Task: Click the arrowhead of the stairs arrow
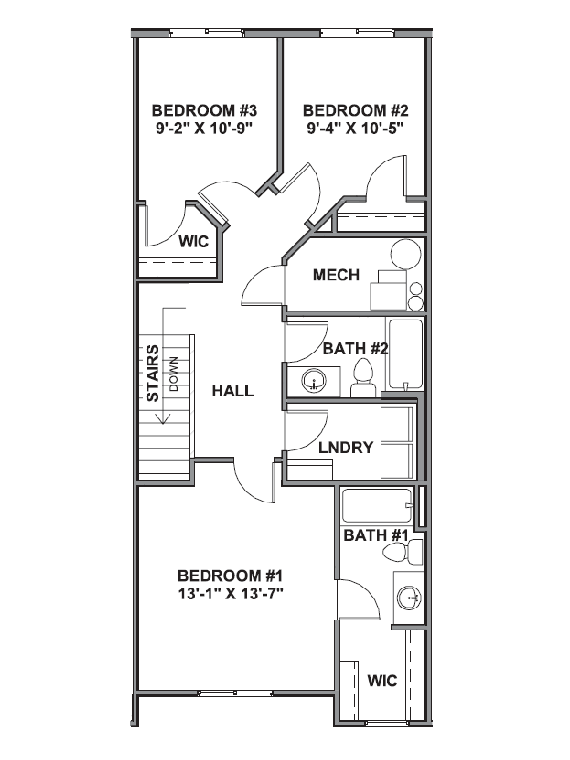click(x=163, y=419)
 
